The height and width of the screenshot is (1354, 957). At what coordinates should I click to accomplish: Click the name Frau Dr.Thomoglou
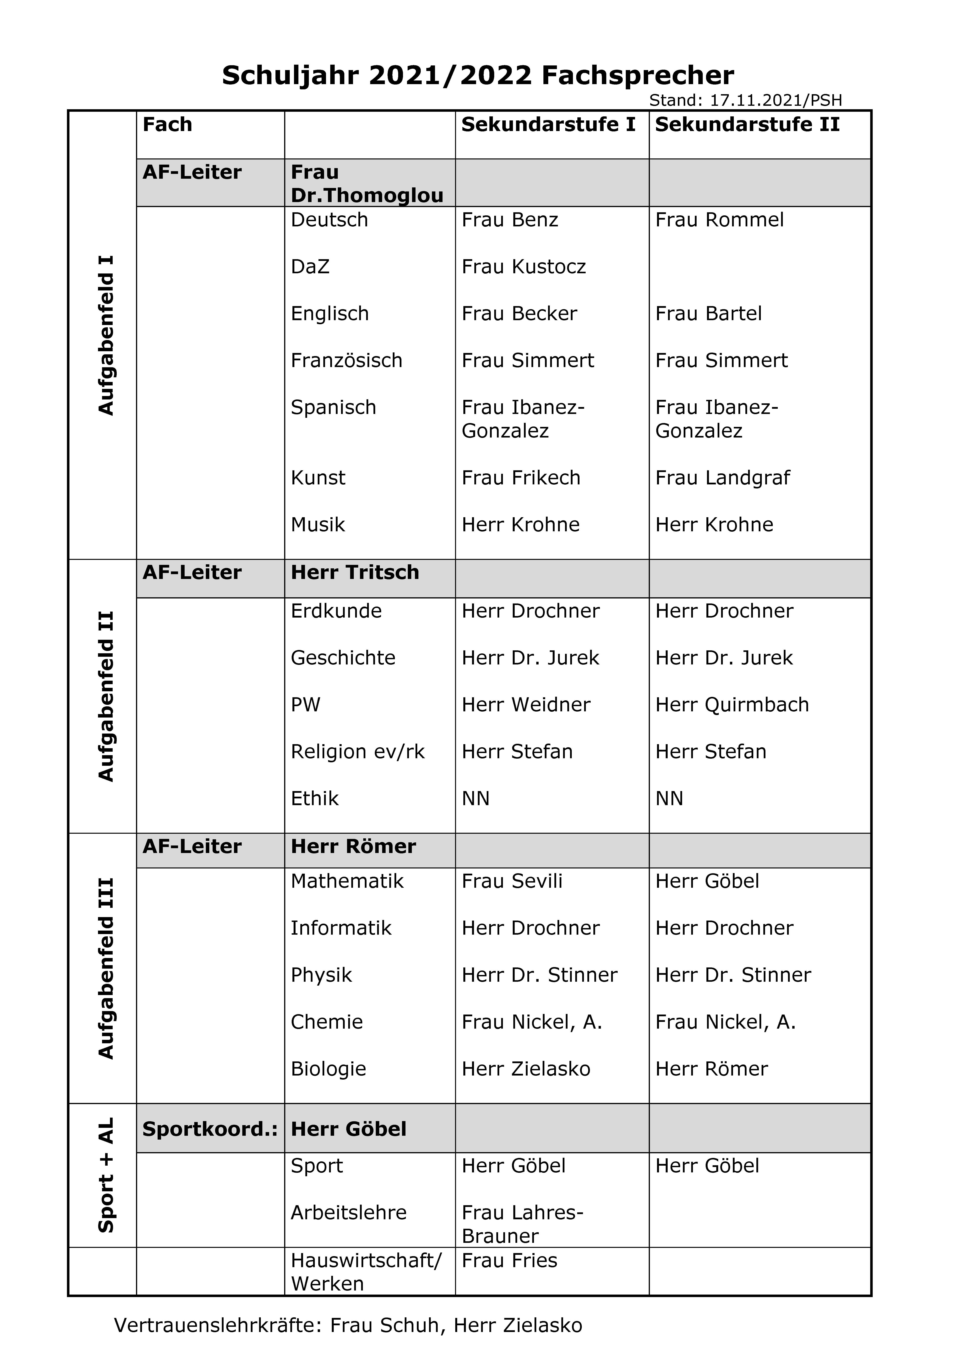pos(367,184)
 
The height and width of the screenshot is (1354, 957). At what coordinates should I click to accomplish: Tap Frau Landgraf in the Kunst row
pos(722,478)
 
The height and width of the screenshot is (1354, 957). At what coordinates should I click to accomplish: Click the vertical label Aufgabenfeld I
pos(106,335)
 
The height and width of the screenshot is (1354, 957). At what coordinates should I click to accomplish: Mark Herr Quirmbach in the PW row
pos(732,705)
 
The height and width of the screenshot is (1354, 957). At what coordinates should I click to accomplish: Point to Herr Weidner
pos(526,705)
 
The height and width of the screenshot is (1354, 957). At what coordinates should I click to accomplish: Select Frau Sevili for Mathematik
pos(512,881)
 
